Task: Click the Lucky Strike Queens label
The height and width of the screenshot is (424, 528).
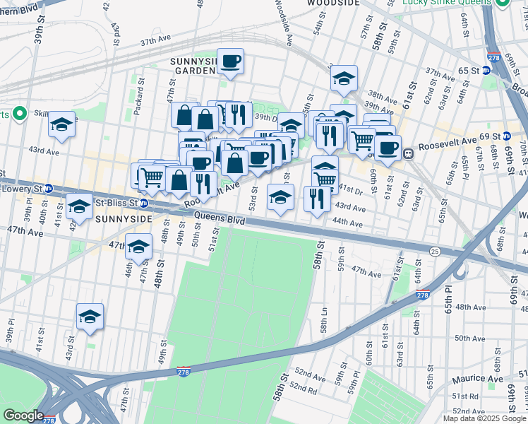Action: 446,3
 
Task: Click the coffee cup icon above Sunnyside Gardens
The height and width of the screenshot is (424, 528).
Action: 230,61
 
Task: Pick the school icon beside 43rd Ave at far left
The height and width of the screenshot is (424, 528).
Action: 62,124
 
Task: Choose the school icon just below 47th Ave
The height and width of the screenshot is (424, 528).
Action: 139,247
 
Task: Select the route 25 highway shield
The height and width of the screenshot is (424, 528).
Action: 436,251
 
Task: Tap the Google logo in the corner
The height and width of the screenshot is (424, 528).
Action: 23,416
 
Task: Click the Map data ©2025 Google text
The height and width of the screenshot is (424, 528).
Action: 484,418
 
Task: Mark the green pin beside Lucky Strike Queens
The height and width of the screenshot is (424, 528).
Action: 503,3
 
